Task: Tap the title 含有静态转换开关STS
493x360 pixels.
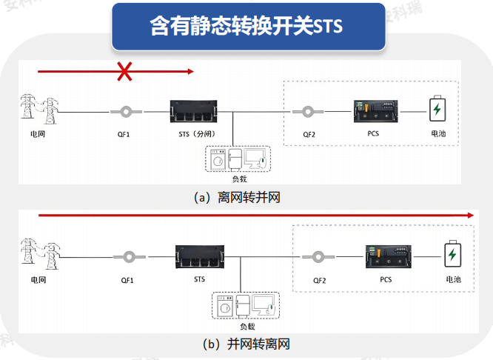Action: [x=246, y=27]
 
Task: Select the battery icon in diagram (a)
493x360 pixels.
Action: [x=438, y=110]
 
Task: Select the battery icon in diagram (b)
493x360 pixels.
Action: [x=451, y=256]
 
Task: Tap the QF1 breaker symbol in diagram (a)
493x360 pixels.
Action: [x=124, y=113]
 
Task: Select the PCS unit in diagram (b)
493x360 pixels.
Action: [x=386, y=257]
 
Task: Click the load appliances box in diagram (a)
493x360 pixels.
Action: [x=237, y=159]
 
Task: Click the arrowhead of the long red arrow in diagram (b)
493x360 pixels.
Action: [x=469, y=214]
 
